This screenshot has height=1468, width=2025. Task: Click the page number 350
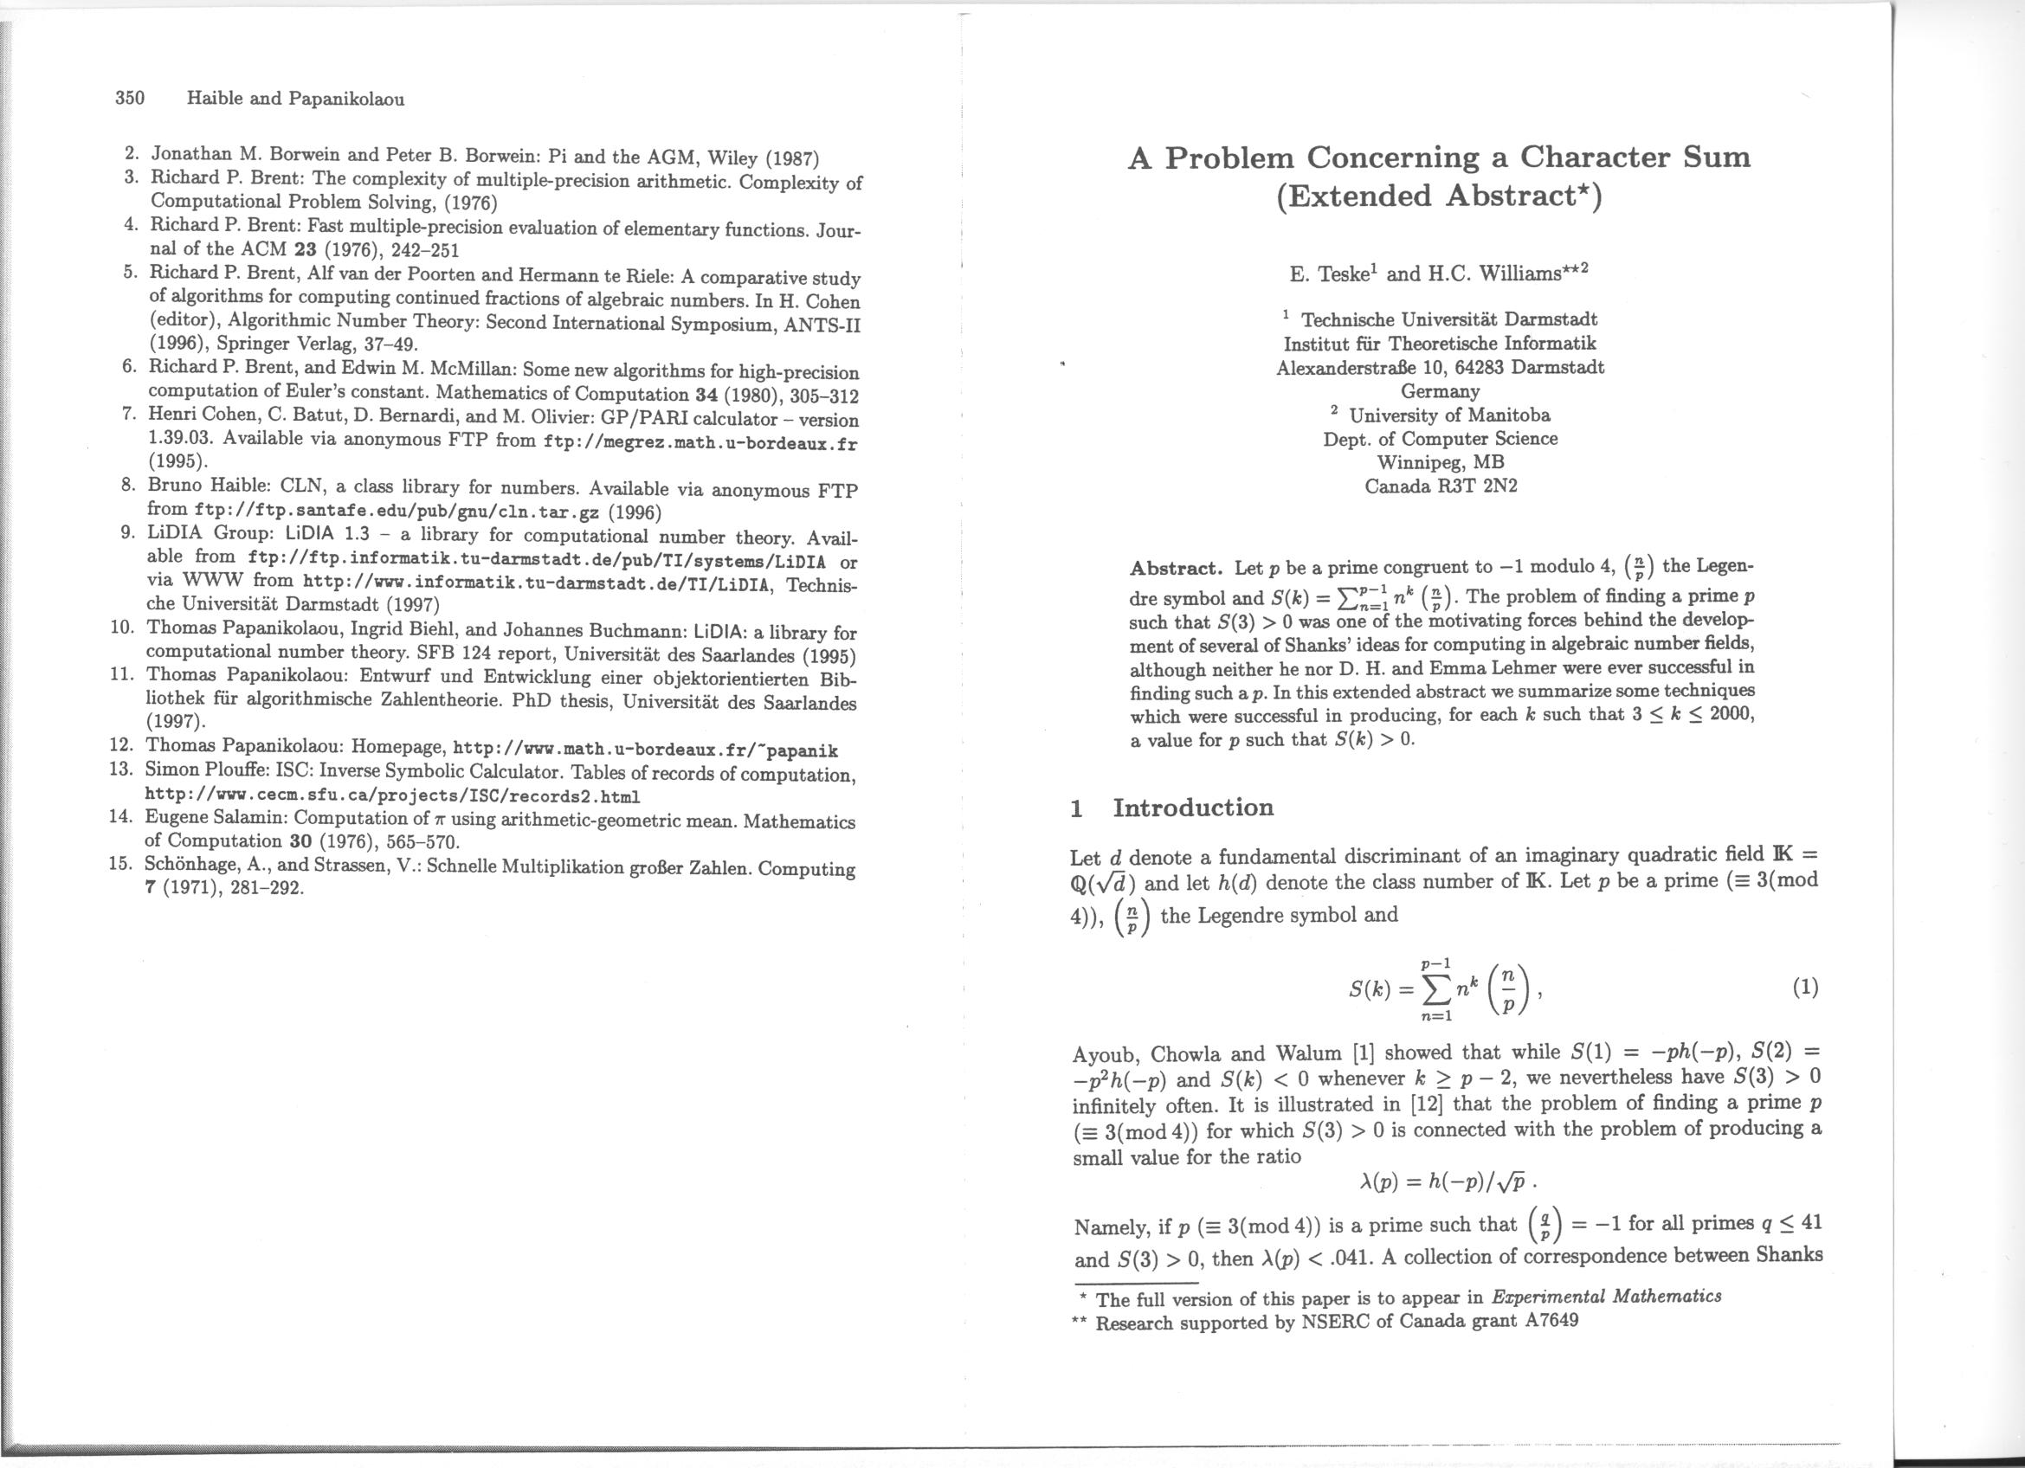point(131,98)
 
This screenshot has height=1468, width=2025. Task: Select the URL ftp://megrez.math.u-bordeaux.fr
point(700,443)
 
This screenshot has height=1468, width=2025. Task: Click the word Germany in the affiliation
point(1439,391)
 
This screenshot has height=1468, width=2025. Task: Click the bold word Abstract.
point(1175,569)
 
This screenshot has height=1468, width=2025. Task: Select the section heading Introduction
point(1193,808)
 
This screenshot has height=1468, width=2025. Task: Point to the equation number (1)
point(1803,987)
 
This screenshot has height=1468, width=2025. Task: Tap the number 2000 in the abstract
point(1732,715)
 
